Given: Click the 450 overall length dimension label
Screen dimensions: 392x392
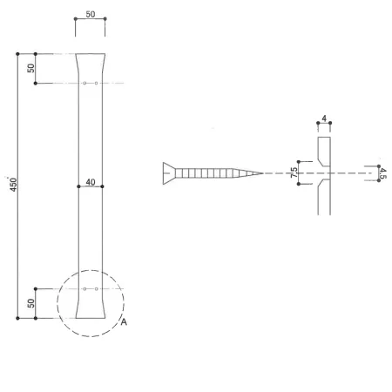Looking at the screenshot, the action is point(13,185).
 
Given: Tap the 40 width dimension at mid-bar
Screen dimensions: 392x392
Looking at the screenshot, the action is point(91,182).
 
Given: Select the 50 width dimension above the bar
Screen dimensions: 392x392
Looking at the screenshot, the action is point(91,14).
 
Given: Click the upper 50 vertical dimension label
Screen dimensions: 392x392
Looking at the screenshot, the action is point(30,68).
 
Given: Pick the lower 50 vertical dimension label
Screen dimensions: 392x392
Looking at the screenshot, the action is point(30,303).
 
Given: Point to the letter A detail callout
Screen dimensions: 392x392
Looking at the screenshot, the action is point(124,322).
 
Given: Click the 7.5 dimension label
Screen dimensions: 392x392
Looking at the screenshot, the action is point(294,172).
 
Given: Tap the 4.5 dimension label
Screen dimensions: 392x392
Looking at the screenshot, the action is point(383,173).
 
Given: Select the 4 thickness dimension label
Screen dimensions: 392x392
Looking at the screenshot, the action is point(324,118).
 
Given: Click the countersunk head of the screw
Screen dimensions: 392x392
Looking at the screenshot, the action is point(169,173).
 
